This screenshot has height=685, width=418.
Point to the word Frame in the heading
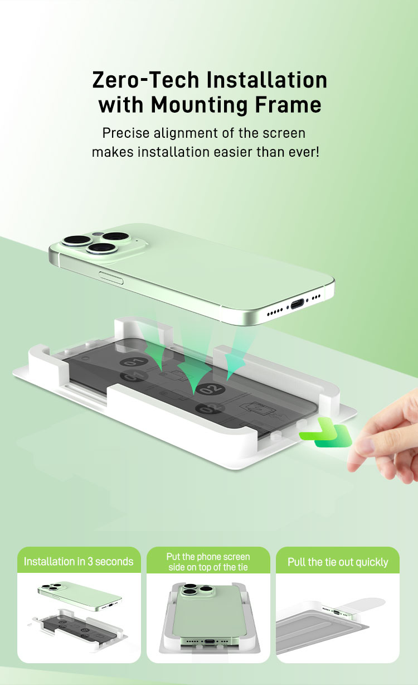tap(294, 104)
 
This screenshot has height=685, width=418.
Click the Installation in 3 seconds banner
tap(79, 561)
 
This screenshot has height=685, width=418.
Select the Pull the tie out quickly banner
tap(338, 561)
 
